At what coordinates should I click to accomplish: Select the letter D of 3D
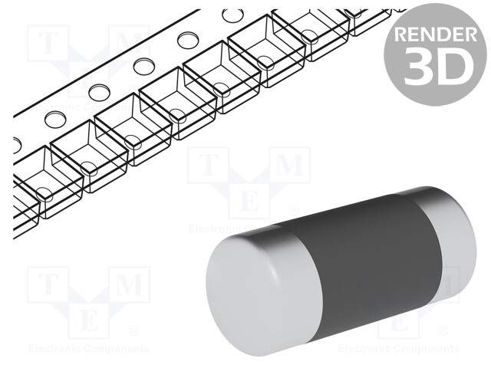[x=453, y=67]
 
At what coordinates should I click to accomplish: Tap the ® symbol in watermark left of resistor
[x=132, y=331]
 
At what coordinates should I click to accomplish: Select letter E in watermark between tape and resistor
[x=249, y=202]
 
